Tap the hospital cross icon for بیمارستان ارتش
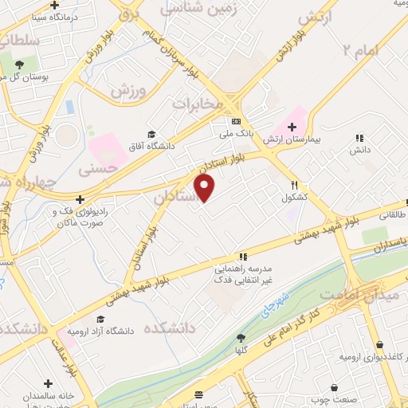pyautogui.click(x=292, y=126)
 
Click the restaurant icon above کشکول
pyautogui.click(x=294, y=183)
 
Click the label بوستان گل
pyautogui.click(x=25, y=77)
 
